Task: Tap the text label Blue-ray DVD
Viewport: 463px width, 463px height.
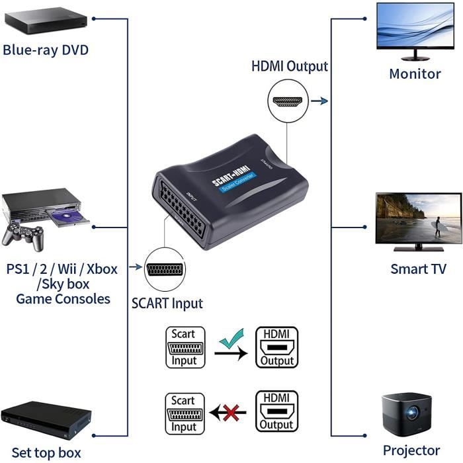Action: tap(46, 50)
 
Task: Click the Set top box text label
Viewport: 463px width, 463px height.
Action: tap(46, 452)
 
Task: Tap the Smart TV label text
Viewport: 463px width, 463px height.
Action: tap(418, 269)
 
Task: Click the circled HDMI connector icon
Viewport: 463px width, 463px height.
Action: tap(288, 103)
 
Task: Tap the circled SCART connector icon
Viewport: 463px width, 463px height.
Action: tap(165, 268)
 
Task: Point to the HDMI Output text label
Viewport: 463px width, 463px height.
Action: tap(289, 67)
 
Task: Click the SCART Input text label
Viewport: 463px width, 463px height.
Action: tap(167, 304)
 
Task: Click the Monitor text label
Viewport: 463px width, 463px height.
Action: tap(415, 73)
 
